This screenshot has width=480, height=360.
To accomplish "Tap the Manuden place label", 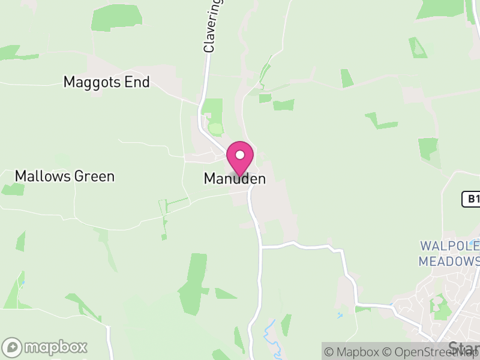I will [235, 179].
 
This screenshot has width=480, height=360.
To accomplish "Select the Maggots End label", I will [106, 82].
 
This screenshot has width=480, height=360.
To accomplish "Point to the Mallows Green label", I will [64, 176].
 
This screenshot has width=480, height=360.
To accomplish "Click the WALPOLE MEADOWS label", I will [449, 254].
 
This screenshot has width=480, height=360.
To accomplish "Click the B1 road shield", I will [472, 199].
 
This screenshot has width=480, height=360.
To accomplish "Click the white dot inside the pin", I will [240, 155].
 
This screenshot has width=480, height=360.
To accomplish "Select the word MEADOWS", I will [449, 262].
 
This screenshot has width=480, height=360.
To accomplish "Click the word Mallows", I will [44, 176].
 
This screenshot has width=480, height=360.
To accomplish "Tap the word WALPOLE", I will [449, 246].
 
